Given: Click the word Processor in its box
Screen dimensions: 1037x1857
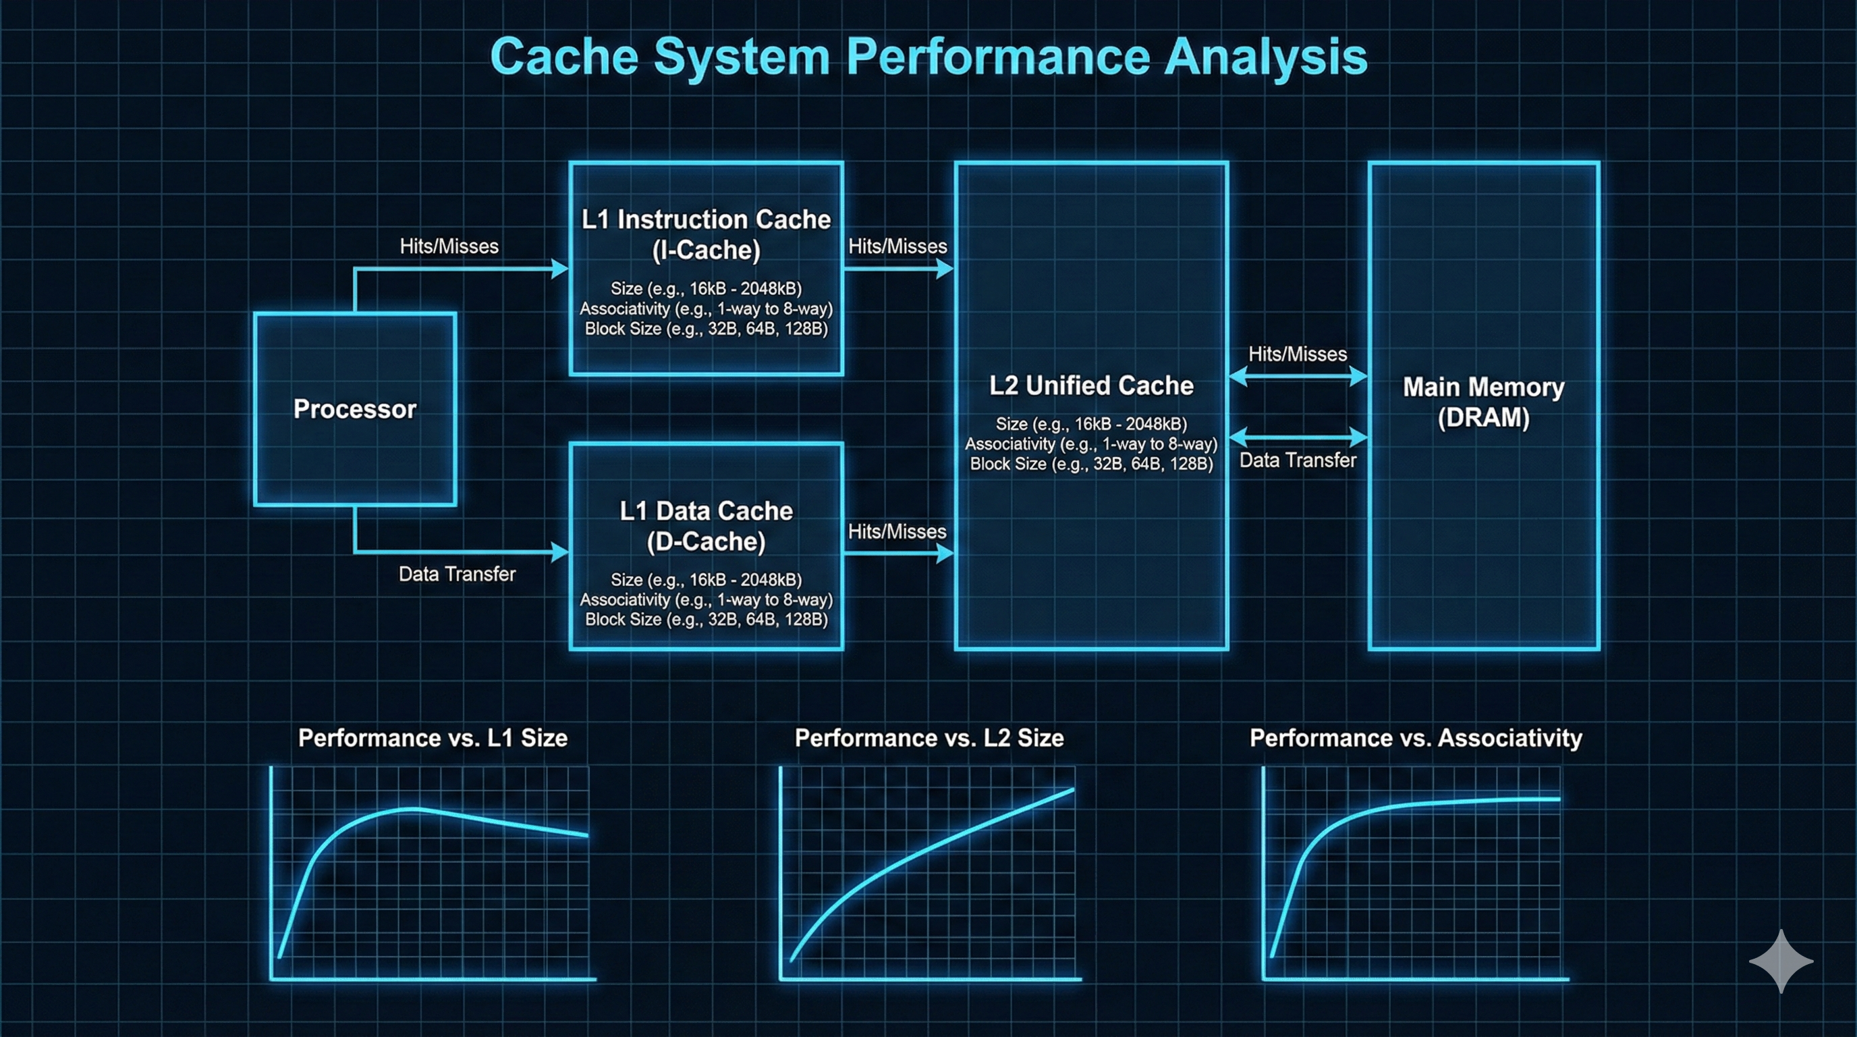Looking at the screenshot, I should click(355, 409).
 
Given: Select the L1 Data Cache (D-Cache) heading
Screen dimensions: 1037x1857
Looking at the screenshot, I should click(706, 526).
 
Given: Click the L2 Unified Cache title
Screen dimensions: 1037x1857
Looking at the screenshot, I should click(1090, 385).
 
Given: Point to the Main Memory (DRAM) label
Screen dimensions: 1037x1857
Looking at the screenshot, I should click(1483, 402).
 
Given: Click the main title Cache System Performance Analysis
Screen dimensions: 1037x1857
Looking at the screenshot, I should click(928, 56).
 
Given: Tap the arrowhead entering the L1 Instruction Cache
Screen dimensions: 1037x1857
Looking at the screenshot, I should click(559, 269).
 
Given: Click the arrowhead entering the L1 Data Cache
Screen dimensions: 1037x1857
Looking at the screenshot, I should click(559, 552).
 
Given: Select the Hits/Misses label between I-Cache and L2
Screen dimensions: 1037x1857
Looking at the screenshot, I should click(897, 246).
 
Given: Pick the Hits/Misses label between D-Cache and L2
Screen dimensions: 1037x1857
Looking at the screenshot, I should click(897, 531).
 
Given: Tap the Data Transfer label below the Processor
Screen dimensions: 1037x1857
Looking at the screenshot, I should click(457, 574).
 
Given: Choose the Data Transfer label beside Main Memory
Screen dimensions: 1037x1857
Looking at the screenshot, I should click(1298, 460).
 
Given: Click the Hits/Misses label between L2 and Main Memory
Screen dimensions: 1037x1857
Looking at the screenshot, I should click(1298, 354).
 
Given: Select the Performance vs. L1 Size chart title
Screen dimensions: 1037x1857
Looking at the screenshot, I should click(433, 738).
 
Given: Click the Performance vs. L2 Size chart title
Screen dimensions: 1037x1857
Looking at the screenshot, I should click(928, 738).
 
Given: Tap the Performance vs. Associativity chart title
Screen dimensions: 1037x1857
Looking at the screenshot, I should click(1416, 738).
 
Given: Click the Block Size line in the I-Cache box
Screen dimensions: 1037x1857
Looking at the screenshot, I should click(706, 329).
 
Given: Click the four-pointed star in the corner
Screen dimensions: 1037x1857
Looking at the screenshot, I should click(1781, 961).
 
